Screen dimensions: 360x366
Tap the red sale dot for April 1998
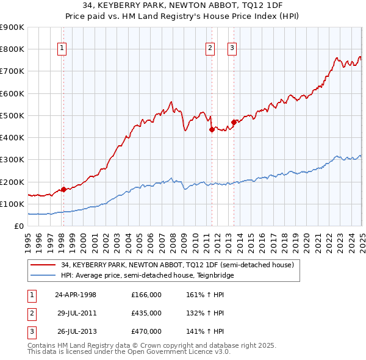[x=63, y=189]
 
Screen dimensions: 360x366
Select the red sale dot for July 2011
[x=212, y=129]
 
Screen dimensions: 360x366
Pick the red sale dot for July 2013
[x=234, y=122]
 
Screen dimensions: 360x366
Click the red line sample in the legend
[x=42, y=265]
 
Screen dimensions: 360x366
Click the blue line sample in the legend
[x=42, y=275]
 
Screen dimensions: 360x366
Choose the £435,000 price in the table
[x=146, y=313]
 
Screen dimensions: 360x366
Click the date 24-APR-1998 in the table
[x=75, y=295]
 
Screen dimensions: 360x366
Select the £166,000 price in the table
[x=146, y=295]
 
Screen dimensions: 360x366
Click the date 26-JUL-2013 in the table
[x=76, y=331]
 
